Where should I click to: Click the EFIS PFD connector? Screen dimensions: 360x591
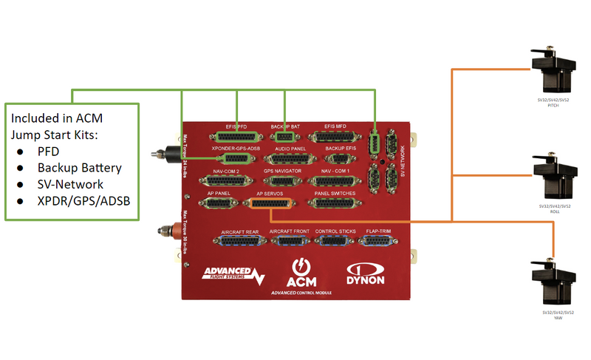click(x=236, y=137)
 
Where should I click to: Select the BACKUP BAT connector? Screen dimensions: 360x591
click(x=284, y=137)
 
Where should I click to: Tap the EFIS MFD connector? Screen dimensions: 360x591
click(x=330, y=137)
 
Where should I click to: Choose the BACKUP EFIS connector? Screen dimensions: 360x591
click(x=340, y=158)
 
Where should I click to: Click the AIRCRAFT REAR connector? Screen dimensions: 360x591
click(x=238, y=241)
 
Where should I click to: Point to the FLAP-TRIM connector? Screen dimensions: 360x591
click(x=379, y=241)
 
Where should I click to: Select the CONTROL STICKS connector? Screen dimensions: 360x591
click(x=335, y=241)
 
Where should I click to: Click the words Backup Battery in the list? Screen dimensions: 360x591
click(x=79, y=167)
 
